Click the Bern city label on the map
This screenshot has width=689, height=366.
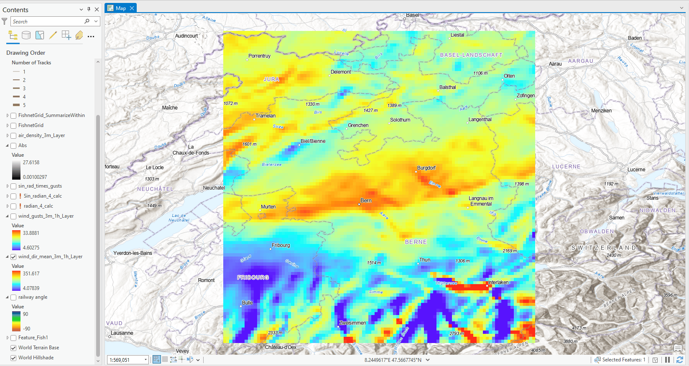tap(366, 201)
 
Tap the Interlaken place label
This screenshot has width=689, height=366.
tap(498, 282)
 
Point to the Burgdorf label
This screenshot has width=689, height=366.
tap(426, 168)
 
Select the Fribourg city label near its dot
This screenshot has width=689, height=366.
tap(281, 245)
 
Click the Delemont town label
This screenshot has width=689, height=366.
tap(341, 72)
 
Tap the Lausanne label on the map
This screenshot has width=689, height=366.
tap(122, 333)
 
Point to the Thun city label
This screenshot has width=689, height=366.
tap(425, 260)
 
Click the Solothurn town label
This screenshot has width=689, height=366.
tap(400, 120)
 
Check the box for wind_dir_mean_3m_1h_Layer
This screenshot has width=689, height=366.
tap(13, 257)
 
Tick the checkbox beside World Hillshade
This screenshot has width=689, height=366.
tap(13, 358)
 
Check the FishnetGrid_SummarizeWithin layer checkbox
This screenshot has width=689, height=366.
tap(13, 116)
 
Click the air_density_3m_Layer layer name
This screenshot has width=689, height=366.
tap(41, 135)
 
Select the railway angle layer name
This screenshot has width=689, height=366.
tap(33, 297)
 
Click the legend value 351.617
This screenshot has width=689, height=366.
tap(31, 274)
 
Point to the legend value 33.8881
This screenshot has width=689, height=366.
tap(31, 233)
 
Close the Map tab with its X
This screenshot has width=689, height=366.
tap(132, 8)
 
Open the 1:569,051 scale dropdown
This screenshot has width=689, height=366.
tap(145, 360)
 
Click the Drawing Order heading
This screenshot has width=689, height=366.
tap(26, 53)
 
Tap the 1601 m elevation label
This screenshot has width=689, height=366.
tap(249, 144)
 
